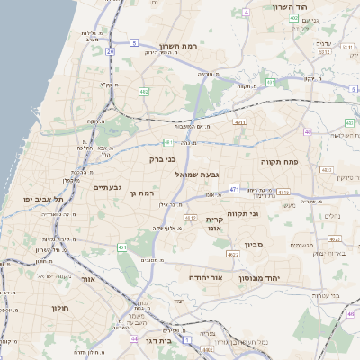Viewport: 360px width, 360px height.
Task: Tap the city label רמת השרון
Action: pos(177,45)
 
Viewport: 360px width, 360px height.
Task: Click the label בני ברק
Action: pos(163,158)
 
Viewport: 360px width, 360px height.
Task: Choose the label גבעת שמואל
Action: pos(191,174)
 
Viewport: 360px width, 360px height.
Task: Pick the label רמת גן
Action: pos(143,193)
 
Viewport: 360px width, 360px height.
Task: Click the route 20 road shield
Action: pos(110,52)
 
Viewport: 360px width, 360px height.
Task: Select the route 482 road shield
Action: pos(144,92)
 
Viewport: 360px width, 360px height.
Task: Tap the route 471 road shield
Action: pos(234,189)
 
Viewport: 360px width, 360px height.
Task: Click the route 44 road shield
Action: pos(133,339)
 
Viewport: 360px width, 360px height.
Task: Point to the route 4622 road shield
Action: pos(233,255)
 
